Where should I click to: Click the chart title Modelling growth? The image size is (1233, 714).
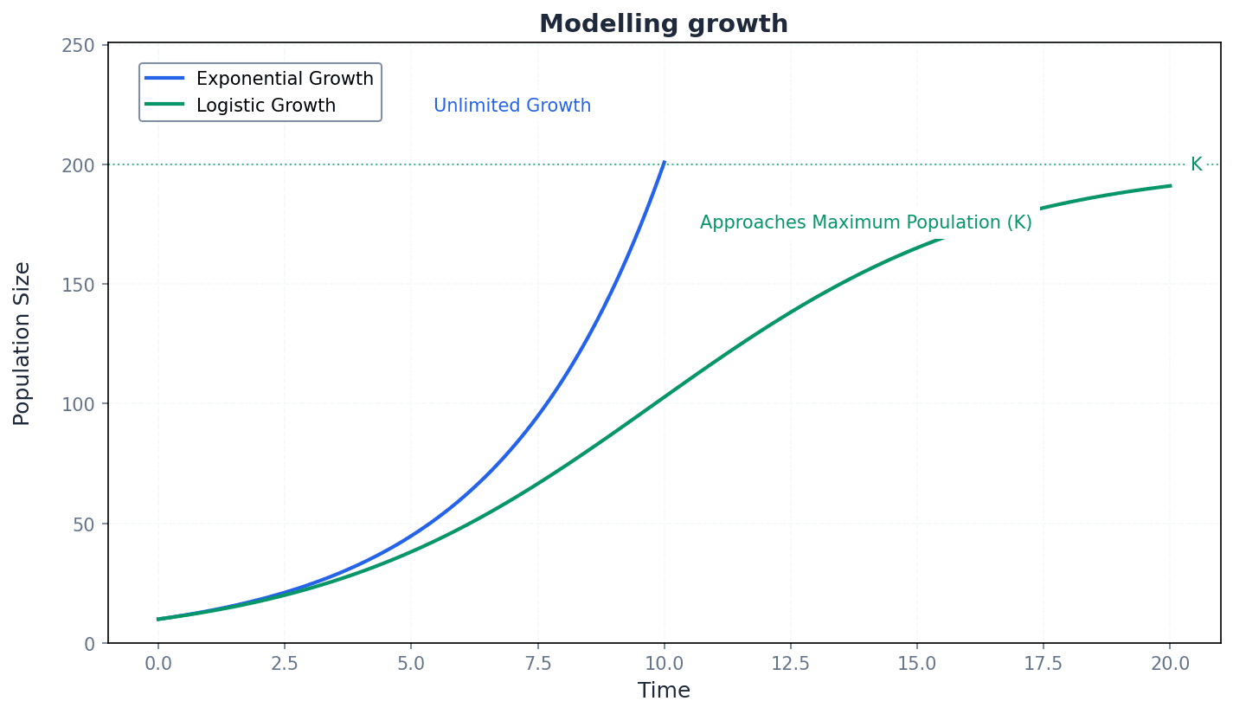click(664, 23)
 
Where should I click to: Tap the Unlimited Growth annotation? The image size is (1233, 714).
click(512, 106)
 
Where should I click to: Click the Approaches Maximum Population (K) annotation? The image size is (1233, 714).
click(865, 222)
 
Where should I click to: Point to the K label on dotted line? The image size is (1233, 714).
click(1196, 164)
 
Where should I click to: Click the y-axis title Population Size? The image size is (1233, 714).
click(22, 344)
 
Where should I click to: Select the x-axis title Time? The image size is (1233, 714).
click(664, 691)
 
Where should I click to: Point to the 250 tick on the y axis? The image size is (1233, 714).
click(78, 45)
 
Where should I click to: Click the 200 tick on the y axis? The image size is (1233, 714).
click(78, 164)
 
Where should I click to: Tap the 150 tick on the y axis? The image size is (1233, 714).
click(78, 284)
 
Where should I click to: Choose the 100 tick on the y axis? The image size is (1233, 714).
click(78, 404)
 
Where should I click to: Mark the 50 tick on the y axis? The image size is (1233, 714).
click(83, 524)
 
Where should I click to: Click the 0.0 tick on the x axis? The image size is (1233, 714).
click(158, 663)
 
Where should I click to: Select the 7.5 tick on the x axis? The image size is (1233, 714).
click(537, 663)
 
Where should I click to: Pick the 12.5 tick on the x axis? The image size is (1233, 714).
click(790, 663)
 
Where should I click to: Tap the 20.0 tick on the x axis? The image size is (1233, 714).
click(1170, 663)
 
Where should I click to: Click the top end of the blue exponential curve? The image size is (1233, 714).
click(664, 162)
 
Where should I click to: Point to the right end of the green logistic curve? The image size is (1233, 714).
click(1170, 185)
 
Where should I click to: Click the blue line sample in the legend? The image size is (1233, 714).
click(164, 79)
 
